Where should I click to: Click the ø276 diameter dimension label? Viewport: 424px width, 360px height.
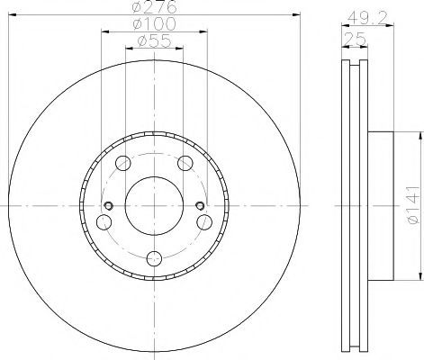click(x=154, y=7)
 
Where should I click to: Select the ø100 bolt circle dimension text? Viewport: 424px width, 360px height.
click(x=154, y=24)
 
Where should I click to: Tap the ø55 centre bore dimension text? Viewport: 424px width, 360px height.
click(x=154, y=41)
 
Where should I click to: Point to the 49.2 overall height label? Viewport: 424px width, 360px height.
click(x=367, y=19)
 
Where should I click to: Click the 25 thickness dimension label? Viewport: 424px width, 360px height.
click(x=355, y=39)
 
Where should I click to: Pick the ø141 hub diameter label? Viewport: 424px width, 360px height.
click(x=413, y=205)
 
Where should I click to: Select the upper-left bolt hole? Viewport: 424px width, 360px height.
click(x=123, y=164)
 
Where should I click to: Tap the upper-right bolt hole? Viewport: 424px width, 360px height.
click(x=185, y=164)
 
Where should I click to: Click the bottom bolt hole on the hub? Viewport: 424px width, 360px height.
click(x=154, y=258)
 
